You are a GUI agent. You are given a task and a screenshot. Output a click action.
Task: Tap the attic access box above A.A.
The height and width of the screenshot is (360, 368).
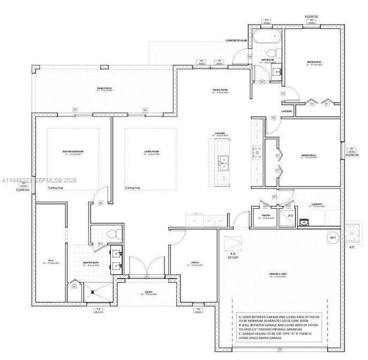click(x=232, y=244)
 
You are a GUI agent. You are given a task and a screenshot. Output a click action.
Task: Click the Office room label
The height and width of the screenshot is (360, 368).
click(x=195, y=263)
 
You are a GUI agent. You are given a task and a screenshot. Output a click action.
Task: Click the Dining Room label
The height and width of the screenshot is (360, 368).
click(x=220, y=91)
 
